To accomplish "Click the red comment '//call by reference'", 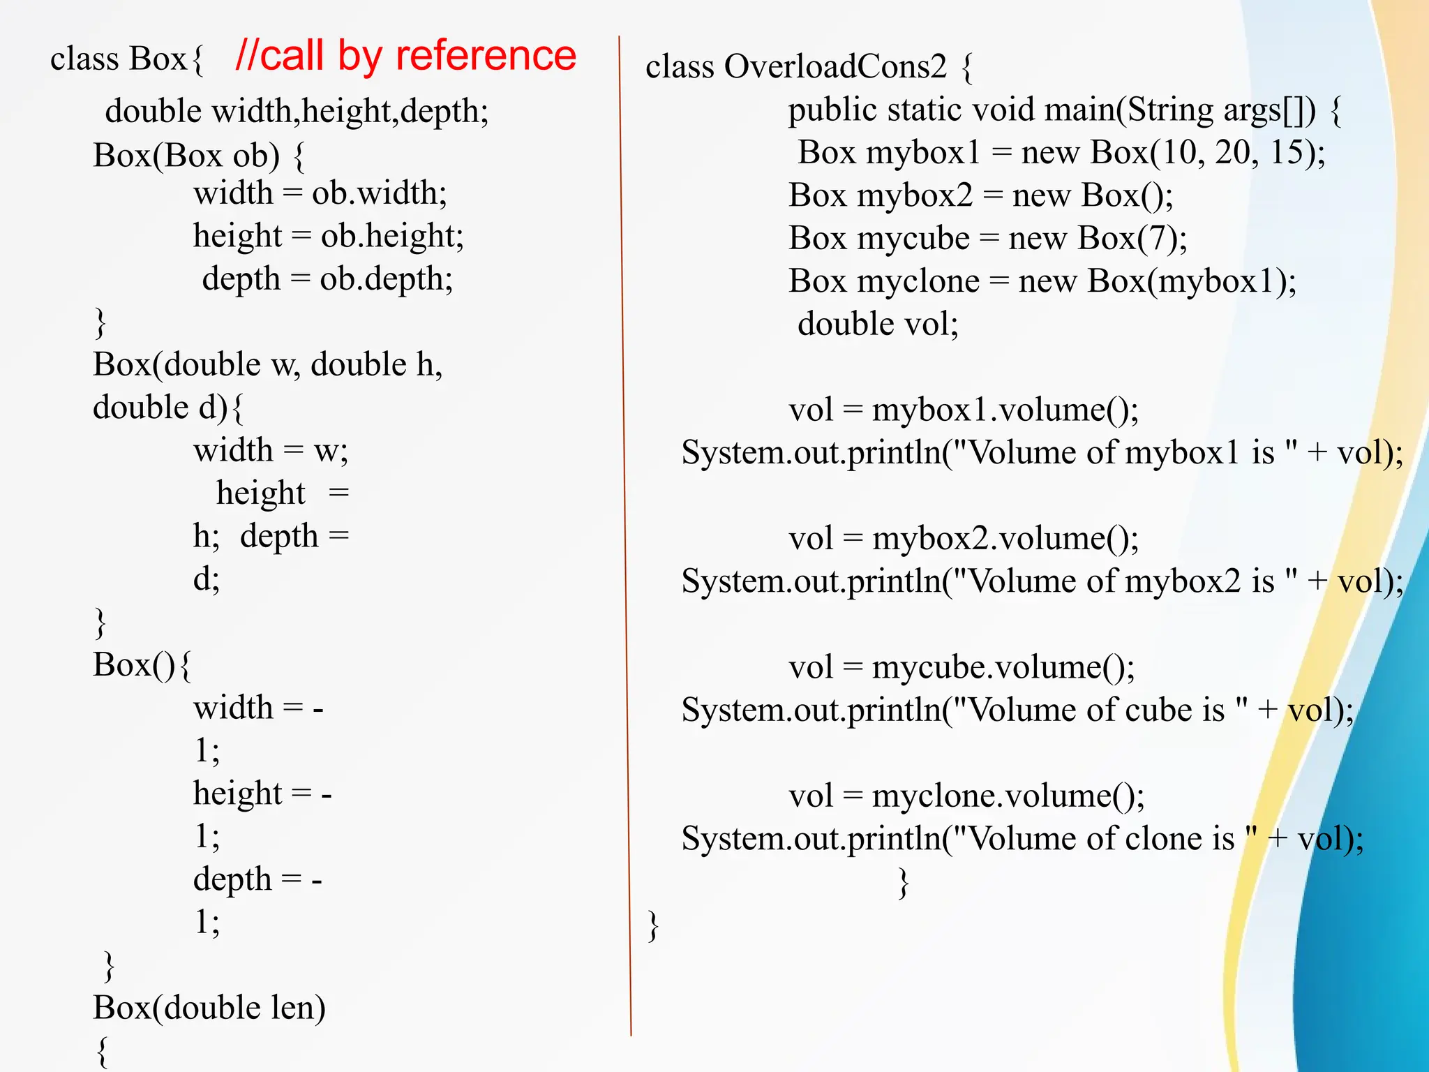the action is tap(406, 56).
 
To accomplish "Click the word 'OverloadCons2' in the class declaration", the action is tap(835, 67).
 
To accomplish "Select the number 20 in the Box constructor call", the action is tap(1232, 152).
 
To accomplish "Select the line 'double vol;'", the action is tap(878, 324).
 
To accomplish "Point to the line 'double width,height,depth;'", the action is tap(297, 112).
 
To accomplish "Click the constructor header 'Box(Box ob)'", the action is tap(186, 156).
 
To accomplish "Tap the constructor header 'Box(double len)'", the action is tap(209, 1007).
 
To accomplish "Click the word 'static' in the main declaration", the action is tap(922, 110).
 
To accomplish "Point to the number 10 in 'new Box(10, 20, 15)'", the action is tap(1179, 152).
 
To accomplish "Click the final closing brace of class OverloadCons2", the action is tap(653, 926).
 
